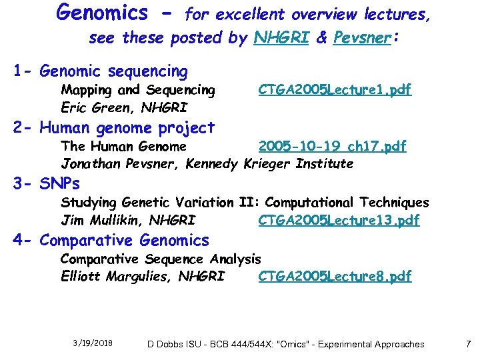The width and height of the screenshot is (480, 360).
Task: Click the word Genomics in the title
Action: click(x=103, y=13)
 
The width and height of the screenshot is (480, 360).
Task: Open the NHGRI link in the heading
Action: click(x=281, y=38)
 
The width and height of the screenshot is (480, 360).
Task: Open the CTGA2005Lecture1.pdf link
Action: click(x=335, y=89)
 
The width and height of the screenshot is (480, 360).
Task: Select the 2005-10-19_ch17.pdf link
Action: click(x=332, y=146)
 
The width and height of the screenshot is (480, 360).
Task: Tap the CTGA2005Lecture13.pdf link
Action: click(x=339, y=220)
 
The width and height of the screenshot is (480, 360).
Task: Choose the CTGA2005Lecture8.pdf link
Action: click(x=335, y=276)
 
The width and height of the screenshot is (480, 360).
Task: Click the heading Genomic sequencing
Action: click(x=113, y=71)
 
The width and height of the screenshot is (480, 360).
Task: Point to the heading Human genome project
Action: click(x=127, y=127)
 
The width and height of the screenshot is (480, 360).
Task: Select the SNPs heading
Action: click(x=59, y=183)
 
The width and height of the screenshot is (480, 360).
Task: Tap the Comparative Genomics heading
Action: click(x=124, y=240)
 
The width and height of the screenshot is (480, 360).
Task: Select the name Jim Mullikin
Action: click(x=100, y=220)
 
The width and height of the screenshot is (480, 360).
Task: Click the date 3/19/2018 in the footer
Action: click(x=93, y=343)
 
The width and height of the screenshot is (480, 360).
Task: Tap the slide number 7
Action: click(x=468, y=344)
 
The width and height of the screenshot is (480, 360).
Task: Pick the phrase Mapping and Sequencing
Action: click(x=138, y=89)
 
